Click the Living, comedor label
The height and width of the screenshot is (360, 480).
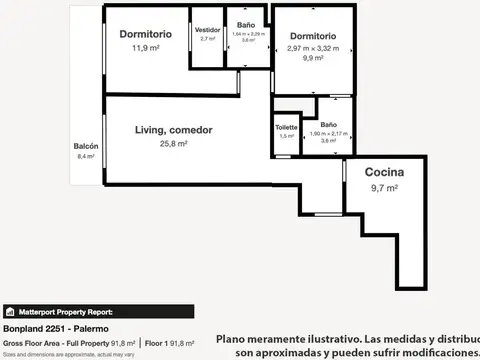point(174,129)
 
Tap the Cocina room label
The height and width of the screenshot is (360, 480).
point(384,171)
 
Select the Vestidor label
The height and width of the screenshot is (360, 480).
point(208,30)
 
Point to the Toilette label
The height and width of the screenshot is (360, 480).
point(286,127)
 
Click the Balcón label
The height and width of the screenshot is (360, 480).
point(85,146)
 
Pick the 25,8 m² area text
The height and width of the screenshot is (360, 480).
point(174,144)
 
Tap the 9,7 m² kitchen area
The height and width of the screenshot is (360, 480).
point(384,187)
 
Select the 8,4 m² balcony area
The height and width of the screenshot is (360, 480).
point(85,156)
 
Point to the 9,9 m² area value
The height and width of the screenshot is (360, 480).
point(308,58)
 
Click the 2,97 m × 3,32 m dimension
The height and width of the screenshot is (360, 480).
point(308,47)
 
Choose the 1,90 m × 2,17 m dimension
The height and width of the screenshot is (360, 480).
point(327,133)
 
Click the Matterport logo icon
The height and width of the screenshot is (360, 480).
point(9,311)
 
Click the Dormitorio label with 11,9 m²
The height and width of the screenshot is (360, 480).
point(146,34)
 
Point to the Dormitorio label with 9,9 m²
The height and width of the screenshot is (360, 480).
point(308,35)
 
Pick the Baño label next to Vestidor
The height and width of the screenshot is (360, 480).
point(245,25)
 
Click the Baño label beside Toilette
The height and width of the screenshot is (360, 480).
point(327,124)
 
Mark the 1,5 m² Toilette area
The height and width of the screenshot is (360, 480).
point(286,136)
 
